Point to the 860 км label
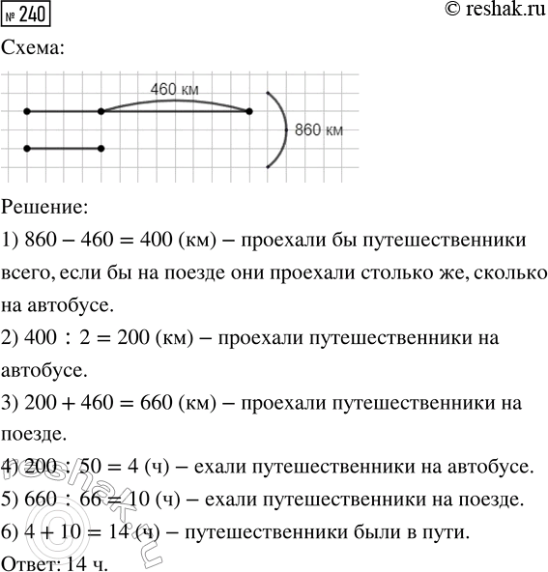point(318,129)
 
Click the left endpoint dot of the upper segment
point(27,112)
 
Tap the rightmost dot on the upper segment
point(249,112)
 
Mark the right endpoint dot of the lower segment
point(101,149)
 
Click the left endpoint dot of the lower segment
point(27,149)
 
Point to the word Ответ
point(29,561)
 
